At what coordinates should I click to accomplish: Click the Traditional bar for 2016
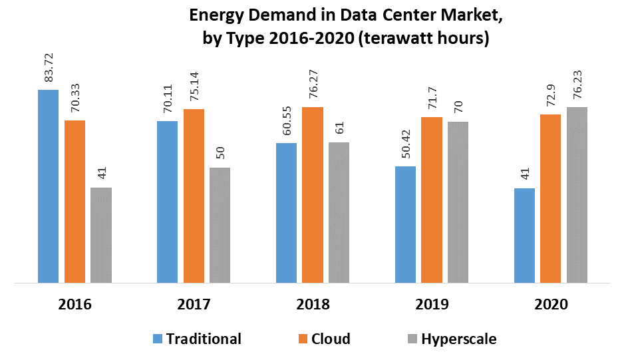[48, 186]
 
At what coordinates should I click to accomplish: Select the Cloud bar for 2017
[194, 196]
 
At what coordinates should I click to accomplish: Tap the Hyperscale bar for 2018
[339, 213]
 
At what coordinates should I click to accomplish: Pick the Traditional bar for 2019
[405, 225]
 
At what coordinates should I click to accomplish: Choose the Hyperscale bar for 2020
[577, 196]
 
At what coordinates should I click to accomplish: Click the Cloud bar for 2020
[550, 199]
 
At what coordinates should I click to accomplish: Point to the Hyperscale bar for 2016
[101, 236]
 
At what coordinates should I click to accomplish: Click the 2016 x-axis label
[75, 304]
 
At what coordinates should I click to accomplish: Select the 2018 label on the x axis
[313, 304]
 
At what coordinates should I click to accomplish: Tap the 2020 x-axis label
[551, 304]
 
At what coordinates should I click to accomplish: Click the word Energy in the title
[220, 13]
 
